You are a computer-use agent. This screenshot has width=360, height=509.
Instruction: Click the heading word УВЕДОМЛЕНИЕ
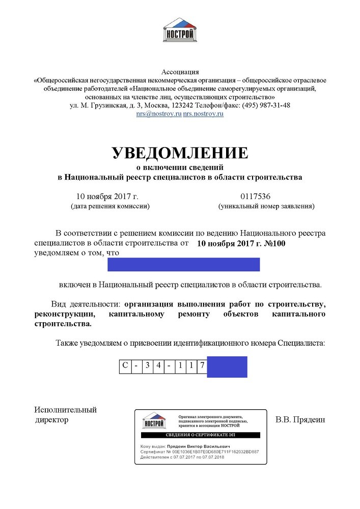[x=180, y=153]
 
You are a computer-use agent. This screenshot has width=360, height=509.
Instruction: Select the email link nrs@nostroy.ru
[x=158, y=114]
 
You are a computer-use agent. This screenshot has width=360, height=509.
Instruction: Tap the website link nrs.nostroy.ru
[x=204, y=114]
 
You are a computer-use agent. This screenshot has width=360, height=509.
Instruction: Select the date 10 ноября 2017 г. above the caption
[x=107, y=196]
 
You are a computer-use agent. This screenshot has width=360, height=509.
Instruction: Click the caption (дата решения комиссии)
[x=110, y=207]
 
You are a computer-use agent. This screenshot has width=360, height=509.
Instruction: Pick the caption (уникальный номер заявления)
[x=266, y=207]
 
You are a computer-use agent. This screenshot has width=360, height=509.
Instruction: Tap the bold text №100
[x=274, y=243]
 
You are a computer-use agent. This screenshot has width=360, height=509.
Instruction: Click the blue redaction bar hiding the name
[x=184, y=265]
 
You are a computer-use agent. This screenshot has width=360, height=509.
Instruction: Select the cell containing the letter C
[x=125, y=366]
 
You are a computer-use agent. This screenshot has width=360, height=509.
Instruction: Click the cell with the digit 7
[x=202, y=366]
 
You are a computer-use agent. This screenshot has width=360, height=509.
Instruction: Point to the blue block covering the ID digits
[x=227, y=366]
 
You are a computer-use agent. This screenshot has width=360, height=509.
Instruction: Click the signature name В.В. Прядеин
[x=299, y=420]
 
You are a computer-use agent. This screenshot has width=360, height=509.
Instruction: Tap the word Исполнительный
[x=66, y=410]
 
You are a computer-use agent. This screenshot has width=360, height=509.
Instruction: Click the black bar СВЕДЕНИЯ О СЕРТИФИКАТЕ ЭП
[x=201, y=436]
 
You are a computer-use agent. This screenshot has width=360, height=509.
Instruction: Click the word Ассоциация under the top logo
[x=180, y=71]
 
